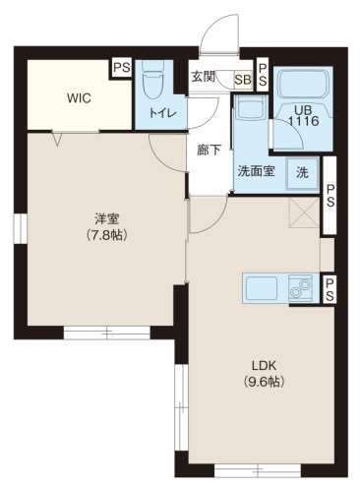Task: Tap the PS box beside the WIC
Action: (x=121, y=68)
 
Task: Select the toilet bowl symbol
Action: (x=153, y=79)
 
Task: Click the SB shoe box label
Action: (x=242, y=80)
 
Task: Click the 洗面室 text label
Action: (x=256, y=169)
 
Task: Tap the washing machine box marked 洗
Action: (x=303, y=171)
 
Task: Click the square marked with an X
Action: (x=301, y=210)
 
